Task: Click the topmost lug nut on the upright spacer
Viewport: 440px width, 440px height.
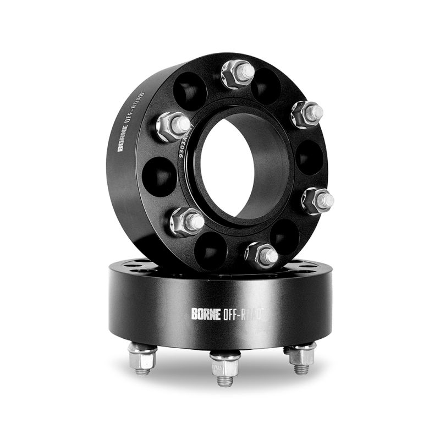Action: [x=238, y=74]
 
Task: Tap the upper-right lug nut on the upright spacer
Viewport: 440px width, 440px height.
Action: [x=307, y=114]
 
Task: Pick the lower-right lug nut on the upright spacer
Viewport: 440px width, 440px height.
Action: [x=318, y=200]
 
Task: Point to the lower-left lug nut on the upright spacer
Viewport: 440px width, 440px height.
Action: [x=186, y=221]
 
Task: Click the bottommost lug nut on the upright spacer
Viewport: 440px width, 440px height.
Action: [x=261, y=254]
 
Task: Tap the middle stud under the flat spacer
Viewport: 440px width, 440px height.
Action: [x=226, y=367]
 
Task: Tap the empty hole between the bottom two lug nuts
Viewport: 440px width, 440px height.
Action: [x=211, y=250]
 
